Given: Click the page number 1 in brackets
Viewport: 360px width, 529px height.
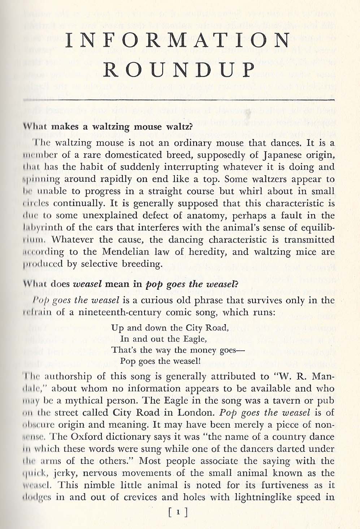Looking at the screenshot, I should (x=179, y=512).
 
